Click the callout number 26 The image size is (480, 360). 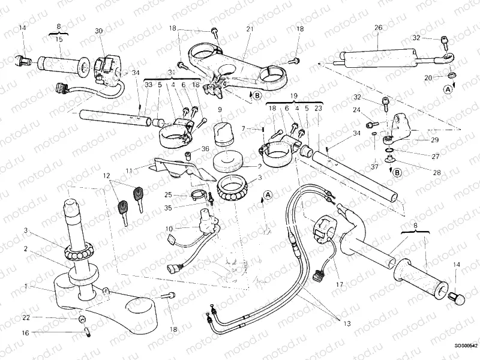pyautogui.click(x=378, y=27)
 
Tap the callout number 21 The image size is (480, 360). pyautogui.click(x=250, y=29)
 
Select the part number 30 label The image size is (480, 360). pyautogui.click(x=98, y=31)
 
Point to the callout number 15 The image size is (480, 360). pyautogui.click(x=59, y=39)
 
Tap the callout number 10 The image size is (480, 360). pyautogui.click(x=169, y=229)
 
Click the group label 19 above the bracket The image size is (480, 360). pyautogui.click(x=294, y=95)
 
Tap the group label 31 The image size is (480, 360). pyautogui.click(x=172, y=73)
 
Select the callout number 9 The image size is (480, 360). pyautogui.click(x=220, y=110)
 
